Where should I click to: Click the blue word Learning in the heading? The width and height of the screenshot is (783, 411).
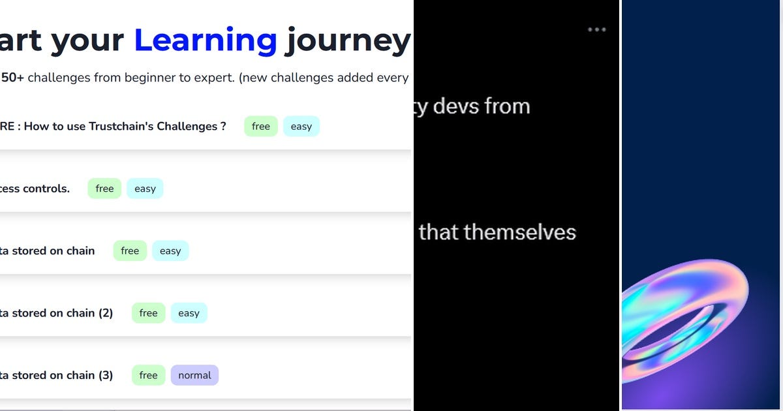[206, 40]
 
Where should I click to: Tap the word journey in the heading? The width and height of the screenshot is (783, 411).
[348, 40]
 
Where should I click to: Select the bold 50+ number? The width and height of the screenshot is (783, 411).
[12, 78]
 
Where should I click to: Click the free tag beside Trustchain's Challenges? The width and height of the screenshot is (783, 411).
[261, 127]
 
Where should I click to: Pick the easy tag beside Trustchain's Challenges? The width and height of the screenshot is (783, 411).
[301, 127]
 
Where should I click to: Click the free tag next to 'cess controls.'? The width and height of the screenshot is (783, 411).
[104, 189]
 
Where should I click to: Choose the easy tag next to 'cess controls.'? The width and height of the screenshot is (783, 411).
[145, 189]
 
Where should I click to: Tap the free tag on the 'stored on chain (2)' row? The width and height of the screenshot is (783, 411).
[148, 313]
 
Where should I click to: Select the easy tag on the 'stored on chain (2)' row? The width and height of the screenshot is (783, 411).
[189, 313]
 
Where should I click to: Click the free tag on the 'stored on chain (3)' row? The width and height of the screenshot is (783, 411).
[148, 375]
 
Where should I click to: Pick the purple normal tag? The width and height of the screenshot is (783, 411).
[194, 375]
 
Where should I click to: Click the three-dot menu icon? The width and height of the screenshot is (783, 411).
[597, 29]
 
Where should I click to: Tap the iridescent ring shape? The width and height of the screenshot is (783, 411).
[685, 326]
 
